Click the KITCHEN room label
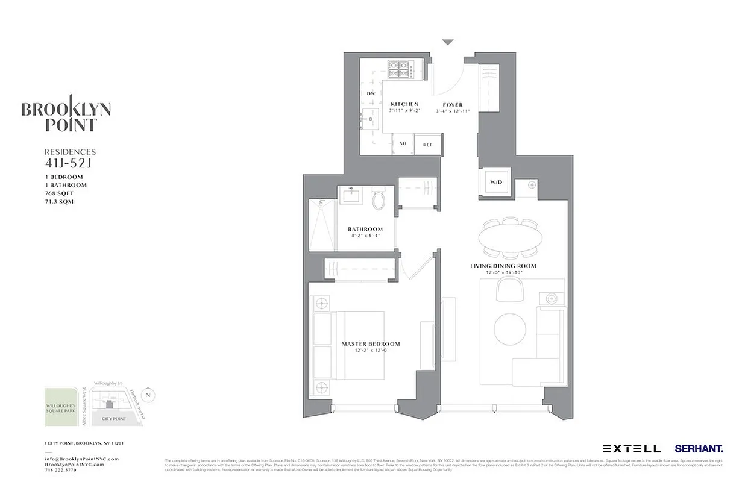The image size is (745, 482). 404,104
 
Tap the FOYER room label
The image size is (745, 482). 453,104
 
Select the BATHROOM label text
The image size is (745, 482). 365,229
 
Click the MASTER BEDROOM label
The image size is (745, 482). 371,344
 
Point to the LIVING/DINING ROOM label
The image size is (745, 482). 503,266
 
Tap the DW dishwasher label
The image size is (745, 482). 371,93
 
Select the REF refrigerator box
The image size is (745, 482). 427,145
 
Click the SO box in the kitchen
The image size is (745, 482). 403,145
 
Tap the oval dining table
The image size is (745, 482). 509,237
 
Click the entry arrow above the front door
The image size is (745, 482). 447,42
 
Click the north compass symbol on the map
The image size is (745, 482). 150,395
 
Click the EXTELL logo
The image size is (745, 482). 631,448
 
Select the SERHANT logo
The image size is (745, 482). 699,448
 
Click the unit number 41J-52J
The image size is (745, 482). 66,163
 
